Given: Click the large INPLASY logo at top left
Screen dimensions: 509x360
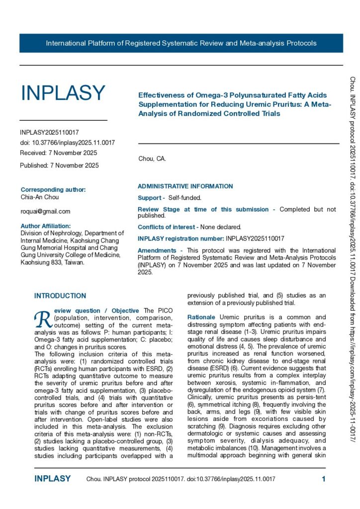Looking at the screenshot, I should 63,93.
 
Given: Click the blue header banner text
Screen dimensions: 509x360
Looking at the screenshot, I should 181,43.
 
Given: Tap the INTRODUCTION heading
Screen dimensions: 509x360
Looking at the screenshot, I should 60,296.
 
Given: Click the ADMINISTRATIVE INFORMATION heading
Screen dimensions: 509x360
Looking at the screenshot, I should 185,186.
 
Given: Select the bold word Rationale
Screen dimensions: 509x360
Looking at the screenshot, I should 201,317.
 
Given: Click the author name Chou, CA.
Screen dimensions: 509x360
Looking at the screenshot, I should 152,159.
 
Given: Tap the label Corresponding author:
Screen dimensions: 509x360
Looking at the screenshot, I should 53,189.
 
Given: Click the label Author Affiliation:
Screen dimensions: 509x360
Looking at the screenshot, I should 49,226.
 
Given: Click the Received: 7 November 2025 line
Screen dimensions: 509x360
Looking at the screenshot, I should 59,153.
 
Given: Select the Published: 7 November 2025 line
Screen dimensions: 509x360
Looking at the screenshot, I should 59,165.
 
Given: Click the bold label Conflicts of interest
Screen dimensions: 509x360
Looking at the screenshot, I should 168,227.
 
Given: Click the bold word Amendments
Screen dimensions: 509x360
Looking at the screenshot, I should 157,250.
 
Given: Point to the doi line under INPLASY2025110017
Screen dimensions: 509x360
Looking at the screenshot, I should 68,143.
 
